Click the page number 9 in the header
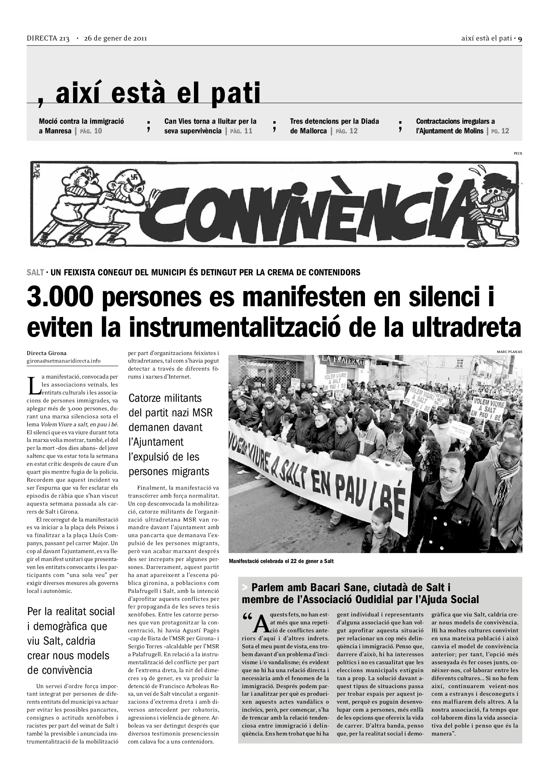(x=520, y=38)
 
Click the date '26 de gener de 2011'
(x=115, y=38)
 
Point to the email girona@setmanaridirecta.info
(x=63, y=361)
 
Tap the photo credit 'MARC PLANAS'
(x=509, y=352)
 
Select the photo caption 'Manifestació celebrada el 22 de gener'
(x=281, y=561)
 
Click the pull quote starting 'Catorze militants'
(x=170, y=435)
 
